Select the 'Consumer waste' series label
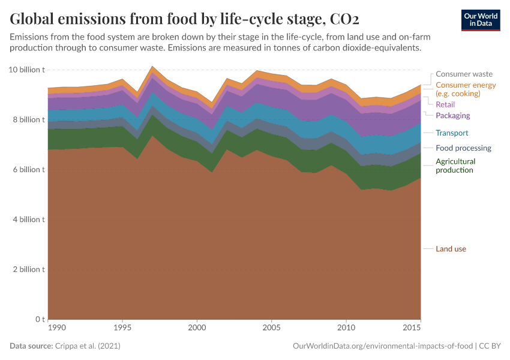point(464,74)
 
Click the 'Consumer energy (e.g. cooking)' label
point(466,89)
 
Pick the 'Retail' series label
point(445,104)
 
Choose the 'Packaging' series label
point(452,116)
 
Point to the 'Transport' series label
point(452,133)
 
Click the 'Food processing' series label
point(463,148)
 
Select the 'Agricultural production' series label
point(455,166)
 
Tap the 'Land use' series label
point(451,249)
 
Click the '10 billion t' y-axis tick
point(27,70)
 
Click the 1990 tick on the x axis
point(56,328)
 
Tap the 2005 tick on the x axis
point(272,328)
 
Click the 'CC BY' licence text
point(489,347)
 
